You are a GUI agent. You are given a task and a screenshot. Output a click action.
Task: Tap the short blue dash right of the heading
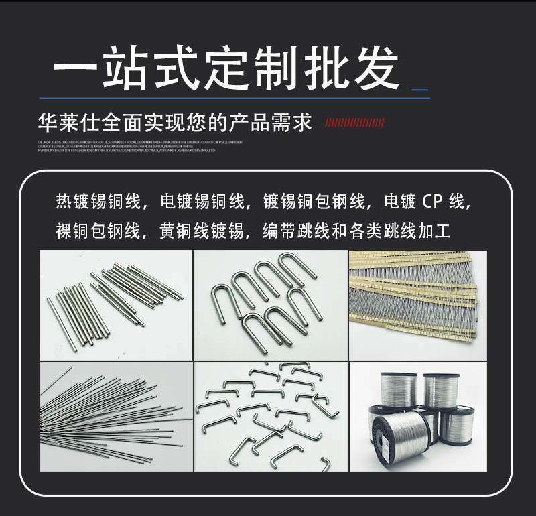click(x=419, y=89)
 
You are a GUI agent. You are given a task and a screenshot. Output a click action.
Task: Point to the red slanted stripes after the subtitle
click(x=354, y=123)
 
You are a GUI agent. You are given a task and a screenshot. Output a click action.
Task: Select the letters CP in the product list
click(x=432, y=201)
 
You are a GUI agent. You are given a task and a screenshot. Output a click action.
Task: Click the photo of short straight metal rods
click(x=115, y=306)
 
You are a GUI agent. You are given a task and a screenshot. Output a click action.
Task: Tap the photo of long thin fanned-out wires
click(x=115, y=417)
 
